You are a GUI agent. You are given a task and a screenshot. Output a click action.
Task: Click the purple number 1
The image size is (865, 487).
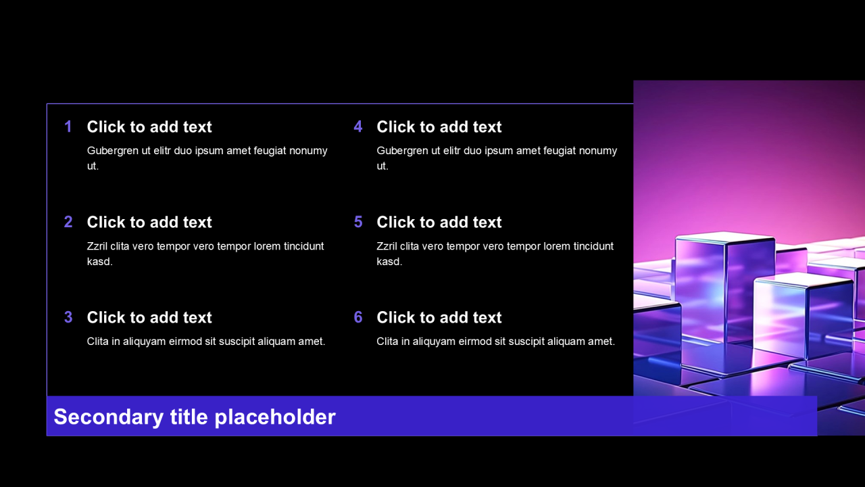click(68, 126)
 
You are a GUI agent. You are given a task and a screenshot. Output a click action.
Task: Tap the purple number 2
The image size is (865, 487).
click(68, 222)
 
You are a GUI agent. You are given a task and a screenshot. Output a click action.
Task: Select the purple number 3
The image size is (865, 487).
click(68, 317)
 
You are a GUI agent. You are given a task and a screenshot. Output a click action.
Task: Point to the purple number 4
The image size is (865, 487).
click(358, 126)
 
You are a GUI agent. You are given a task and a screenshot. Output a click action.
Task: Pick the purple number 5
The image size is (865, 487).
click(358, 222)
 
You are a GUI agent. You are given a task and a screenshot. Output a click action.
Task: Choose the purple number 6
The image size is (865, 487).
click(358, 317)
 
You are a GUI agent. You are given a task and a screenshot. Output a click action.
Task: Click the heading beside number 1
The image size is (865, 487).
click(149, 126)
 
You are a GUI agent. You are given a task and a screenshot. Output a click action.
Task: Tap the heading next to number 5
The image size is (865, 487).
click(439, 223)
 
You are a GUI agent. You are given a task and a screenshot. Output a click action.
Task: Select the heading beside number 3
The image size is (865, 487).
click(149, 317)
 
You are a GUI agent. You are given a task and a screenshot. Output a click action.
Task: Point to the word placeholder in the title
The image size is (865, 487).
click(275, 417)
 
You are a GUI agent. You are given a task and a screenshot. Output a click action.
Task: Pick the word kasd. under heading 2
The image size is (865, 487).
click(99, 262)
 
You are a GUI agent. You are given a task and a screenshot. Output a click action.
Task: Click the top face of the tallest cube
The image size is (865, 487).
click(725, 237)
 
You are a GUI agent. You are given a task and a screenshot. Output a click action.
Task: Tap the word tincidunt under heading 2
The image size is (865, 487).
click(303, 246)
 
